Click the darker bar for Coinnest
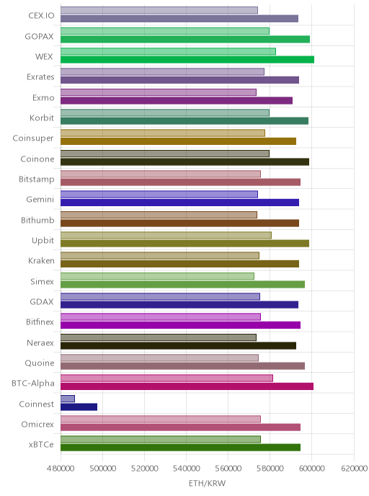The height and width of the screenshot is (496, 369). (x=79, y=407)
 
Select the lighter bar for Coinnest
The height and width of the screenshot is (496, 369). (x=68, y=399)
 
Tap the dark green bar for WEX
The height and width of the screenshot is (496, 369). (x=187, y=59)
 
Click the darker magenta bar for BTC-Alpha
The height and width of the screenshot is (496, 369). (x=187, y=386)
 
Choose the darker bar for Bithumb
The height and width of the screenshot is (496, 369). (x=179, y=223)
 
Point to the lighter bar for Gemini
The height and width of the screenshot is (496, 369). (x=159, y=194)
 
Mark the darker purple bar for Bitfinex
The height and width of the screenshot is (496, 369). (x=181, y=325)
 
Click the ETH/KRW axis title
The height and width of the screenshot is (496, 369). (x=207, y=483)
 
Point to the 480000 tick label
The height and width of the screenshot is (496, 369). (x=60, y=468)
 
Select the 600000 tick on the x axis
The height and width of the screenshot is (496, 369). (x=311, y=468)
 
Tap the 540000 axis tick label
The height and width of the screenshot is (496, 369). (x=186, y=468)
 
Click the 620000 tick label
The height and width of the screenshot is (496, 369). (x=354, y=468)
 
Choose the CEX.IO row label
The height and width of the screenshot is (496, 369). (x=41, y=16)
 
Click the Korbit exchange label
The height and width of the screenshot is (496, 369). (x=42, y=118)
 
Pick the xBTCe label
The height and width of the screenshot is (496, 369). (x=41, y=444)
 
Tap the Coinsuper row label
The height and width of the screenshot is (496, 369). (x=33, y=138)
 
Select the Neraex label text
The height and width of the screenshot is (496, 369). (x=40, y=342)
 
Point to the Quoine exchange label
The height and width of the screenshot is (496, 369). (x=40, y=363)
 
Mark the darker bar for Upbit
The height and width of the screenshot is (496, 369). (x=184, y=243)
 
